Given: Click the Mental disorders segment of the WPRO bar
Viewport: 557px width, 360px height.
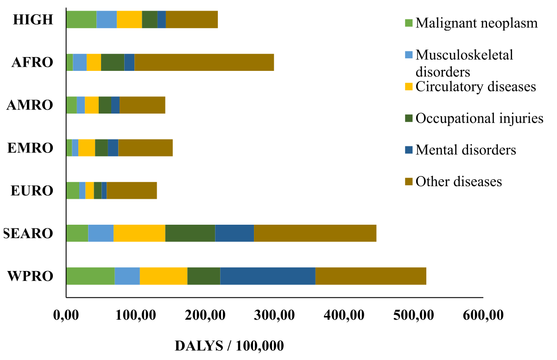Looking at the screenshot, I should coord(268,276).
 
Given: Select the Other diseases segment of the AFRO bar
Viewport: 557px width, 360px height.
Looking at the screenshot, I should coord(204,62).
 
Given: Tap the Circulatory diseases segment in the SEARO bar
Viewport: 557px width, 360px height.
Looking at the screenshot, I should coord(139,233).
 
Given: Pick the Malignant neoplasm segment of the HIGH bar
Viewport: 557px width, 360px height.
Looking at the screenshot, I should coord(81,19).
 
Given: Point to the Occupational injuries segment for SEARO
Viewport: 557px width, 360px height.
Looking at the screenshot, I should coord(190,233).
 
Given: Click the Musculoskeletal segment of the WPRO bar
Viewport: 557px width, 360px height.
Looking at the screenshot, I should coord(127,276).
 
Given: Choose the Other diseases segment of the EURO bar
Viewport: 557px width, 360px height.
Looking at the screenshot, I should coord(132,190).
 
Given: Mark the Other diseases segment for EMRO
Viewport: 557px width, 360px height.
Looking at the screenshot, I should coord(146,148).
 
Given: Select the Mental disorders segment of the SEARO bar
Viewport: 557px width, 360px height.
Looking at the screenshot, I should coord(234,233).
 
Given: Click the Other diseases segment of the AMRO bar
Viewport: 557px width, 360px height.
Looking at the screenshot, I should coord(142,105).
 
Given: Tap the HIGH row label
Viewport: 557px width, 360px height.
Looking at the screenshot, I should coord(33,20).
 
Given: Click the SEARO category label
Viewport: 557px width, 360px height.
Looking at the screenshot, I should coord(28,234).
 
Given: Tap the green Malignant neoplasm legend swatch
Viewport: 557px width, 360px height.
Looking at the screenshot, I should coord(408,23).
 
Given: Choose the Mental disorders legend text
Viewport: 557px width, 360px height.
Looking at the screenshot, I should coord(466,150).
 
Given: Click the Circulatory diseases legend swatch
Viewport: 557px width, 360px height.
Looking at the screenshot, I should coord(408,87).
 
